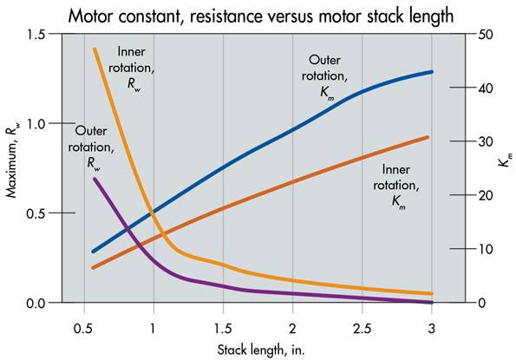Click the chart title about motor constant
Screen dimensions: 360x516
click(258, 14)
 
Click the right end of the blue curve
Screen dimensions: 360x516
click(431, 72)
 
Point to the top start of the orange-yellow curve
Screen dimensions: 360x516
click(94, 49)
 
